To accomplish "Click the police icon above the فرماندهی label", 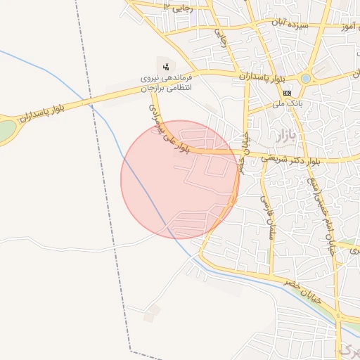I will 166,66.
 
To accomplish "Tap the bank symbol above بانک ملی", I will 288,93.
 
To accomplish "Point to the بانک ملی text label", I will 288,104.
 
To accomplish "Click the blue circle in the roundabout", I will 306,78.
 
